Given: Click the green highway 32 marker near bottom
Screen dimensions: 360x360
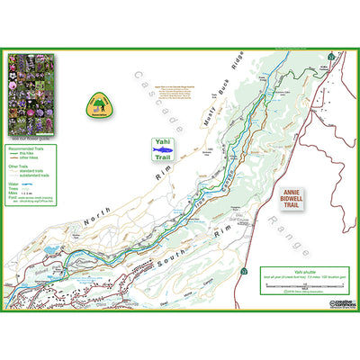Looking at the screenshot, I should tap(244, 270).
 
